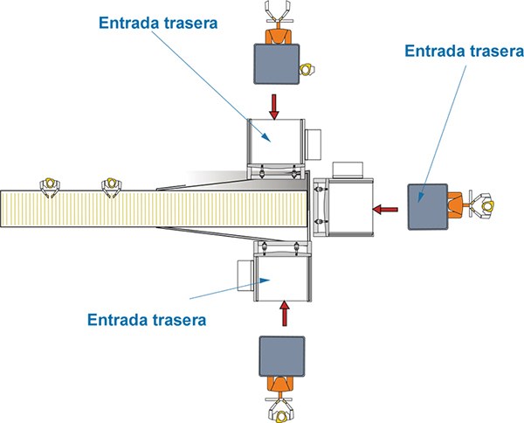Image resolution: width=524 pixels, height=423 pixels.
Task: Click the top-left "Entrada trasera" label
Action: [x=158, y=23]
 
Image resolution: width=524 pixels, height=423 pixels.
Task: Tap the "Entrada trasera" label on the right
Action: [x=465, y=51]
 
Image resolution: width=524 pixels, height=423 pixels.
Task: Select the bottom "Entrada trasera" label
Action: [x=147, y=320]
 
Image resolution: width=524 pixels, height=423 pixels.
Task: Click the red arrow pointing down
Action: [x=274, y=107]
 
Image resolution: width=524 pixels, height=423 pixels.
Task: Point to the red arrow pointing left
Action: [x=385, y=210]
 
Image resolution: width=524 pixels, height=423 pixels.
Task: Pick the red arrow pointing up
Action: [x=285, y=313]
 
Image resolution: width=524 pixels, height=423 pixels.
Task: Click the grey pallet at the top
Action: [x=276, y=64]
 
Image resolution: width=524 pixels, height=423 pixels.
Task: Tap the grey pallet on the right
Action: [x=428, y=206]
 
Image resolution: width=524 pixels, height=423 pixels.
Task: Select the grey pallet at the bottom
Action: [x=282, y=357]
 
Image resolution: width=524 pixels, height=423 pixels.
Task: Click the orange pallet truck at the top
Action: [x=278, y=33]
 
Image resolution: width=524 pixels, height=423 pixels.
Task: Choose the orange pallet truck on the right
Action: [x=458, y=205]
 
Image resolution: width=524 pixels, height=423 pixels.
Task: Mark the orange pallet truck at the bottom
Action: [x=280, y=387]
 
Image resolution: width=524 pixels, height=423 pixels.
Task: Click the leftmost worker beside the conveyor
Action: [x=50, y=186]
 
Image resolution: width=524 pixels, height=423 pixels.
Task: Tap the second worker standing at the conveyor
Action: [x=112, y=186]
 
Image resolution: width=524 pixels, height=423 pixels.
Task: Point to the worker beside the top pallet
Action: [x=307, y=70]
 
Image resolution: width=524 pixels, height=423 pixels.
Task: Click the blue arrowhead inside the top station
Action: [x=265, y=136]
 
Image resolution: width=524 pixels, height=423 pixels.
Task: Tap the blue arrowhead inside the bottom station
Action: [x=265, y=281]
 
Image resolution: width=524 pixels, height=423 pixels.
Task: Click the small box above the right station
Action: [x=348, y=170]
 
